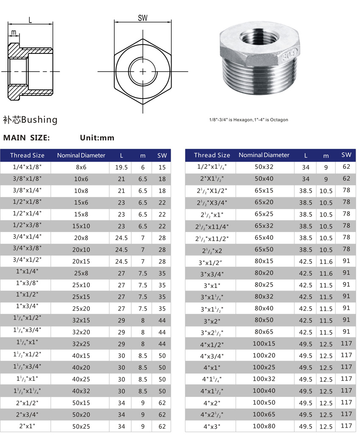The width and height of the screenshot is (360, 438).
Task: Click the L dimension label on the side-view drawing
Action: [x=30, y=20]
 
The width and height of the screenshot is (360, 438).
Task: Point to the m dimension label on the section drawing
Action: [x=14, y=33]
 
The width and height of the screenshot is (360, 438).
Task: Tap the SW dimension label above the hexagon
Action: [x=143, y=18]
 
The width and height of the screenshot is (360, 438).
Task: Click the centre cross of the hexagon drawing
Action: [x=143, y=71]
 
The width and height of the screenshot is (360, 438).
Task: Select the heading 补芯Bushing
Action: [x=30, y=120]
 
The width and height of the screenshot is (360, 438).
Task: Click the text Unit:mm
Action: [x=97, y=138]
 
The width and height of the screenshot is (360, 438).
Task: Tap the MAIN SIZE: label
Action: [x=27, y=138]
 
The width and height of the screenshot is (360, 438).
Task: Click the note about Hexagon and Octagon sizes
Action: [x=248, y=120]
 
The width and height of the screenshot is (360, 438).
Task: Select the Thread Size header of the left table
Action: [x=27, y=155]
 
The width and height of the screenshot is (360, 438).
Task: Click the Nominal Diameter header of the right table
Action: [x=264, y=155]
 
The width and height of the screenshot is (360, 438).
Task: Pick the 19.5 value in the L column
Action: [x=122, y=167]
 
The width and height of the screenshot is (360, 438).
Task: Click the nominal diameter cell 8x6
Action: [x=81, y=167]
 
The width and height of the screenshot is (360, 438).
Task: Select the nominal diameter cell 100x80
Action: [x=264, y=426]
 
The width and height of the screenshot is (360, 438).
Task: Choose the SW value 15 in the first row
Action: [x=162, y=167]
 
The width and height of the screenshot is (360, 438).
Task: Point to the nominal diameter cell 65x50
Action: [x=264, y=249]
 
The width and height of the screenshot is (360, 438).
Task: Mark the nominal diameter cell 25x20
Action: [x=81, y=308]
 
